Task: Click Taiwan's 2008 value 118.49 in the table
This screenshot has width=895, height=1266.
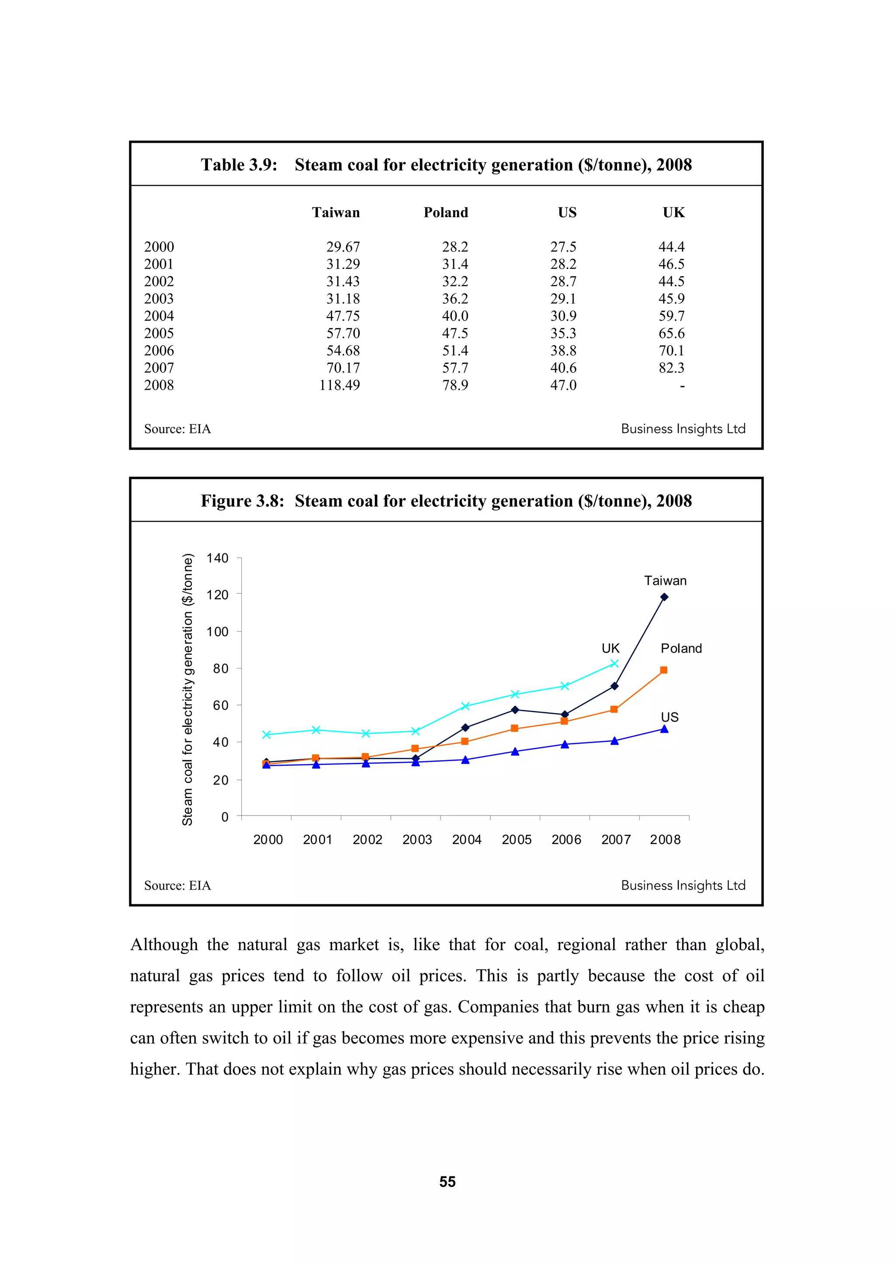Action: point(339,385)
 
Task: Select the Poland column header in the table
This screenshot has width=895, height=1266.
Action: point(446,212)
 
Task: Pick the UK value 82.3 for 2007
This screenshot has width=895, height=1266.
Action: point(671,368)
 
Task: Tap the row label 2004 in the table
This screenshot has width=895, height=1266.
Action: point(159,316)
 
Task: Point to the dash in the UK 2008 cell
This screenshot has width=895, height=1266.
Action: point(682,386)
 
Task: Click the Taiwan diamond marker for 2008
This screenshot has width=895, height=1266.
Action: point(664,597)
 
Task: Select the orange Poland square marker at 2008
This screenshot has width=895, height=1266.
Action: point(663,670)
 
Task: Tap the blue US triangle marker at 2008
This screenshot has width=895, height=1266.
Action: point(664,729)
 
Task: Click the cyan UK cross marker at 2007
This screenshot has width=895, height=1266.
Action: point(614,664)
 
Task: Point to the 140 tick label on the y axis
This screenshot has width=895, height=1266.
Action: point(217,558)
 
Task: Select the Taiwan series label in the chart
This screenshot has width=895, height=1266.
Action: point(665,581)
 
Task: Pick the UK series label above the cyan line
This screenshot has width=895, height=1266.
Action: point(611,648)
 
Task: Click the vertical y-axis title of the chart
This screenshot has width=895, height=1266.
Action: point(187,689)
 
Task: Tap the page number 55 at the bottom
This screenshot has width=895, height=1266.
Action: point(447,1182)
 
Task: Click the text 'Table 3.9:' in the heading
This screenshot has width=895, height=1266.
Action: point(239,165)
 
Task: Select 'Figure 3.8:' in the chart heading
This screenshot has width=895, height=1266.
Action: point(242,501)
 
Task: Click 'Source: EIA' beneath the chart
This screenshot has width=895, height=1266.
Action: point(177,886)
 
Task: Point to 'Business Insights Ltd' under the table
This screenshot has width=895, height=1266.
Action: point(683,429)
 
